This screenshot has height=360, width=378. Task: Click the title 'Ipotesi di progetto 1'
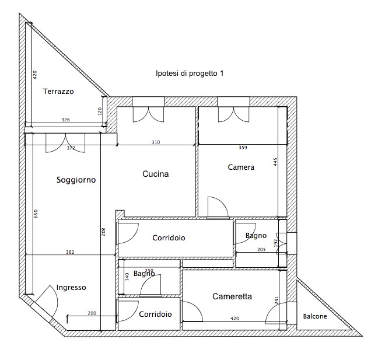(190, 73)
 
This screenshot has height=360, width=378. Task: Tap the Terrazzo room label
(58, 92)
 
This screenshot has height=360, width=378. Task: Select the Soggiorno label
(76, 180)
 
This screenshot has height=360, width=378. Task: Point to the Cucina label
(156, 174)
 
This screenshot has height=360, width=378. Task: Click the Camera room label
(241, 167)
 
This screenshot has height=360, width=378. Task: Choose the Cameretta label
(232, 296)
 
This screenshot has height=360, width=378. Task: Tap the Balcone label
(315, 316)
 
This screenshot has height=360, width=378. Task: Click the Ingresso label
(71, 288)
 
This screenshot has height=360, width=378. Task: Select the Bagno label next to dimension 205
(256, 236)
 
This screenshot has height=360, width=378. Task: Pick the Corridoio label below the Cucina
(169, 237)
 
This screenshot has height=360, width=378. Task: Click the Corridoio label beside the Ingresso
(155, 314)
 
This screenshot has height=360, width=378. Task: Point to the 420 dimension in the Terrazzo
(35, 75)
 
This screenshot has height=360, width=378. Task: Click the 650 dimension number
(36, 214)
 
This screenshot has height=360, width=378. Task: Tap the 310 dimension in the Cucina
(156, 142)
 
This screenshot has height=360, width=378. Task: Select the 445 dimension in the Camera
(275, 162)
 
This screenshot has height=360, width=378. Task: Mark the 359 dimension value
(243, 148)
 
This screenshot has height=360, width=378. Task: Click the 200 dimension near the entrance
(92, 313)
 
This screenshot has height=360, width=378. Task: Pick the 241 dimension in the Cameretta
(276, 300)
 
